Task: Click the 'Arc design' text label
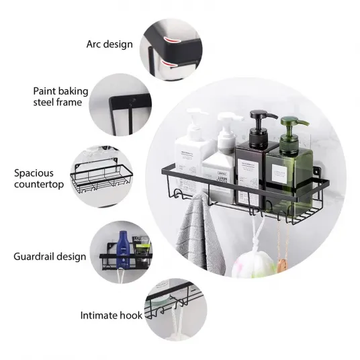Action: click(x=109, y=44)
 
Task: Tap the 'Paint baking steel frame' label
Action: click(x=60, y=97)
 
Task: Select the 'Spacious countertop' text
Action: click(x=39, y=179)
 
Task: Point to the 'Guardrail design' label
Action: click(x=50, y=257)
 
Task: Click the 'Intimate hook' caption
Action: click(x=111, y=316)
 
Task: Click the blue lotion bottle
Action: click(x=123, y=250)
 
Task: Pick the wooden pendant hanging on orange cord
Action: click(x=281, y=265)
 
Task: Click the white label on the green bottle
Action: click(x=279, y=174)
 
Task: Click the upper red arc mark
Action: click(x=173, y=40)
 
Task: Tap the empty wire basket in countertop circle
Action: click(x=101, y=176)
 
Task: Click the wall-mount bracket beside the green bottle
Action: click(x=317, y=171)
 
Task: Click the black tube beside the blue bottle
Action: click(x=142, y=250)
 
